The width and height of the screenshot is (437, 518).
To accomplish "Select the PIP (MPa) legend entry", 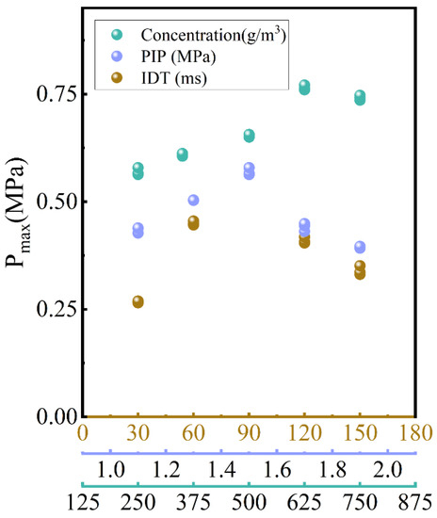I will pyautogui.click(x=170, y=57).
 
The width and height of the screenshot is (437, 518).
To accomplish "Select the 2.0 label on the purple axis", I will pyautogui.click(x=386, y=468).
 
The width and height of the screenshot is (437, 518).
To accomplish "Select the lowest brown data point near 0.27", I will pyautogui.click(x=138, y=301).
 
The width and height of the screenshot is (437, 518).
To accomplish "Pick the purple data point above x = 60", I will pyautogui.click(x=193, y=200).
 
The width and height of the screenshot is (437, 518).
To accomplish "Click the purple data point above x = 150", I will pyautogui.click(x=360, y=247).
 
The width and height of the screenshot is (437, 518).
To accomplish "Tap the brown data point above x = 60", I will pyautogui.click(x=193, y=222).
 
